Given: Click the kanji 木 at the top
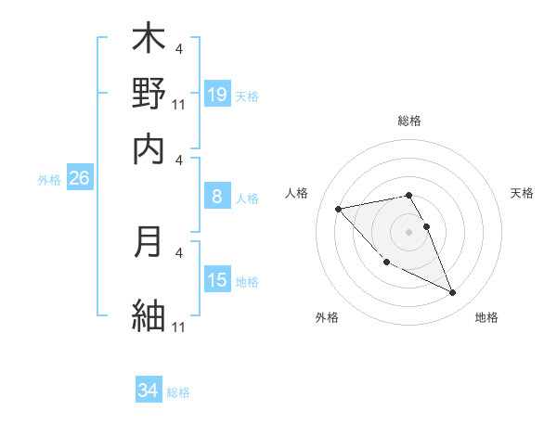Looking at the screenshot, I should (149, 40).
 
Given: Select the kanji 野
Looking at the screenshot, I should (149, 93).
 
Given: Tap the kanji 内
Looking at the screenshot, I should (149, 148).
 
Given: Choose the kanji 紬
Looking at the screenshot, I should (149, 314).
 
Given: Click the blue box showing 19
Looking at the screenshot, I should (217, 94).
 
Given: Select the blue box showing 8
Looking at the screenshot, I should (217, 197).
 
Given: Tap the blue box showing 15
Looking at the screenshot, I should (217, 280).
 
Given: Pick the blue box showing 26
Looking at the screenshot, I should (79, 179).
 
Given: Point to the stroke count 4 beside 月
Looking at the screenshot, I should (179, 250).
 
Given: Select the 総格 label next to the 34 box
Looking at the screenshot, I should (178, 392).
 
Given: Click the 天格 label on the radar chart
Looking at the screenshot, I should (523, 193).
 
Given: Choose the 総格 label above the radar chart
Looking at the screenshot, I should (409, 121).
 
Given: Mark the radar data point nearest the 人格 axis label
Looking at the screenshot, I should (338, 209).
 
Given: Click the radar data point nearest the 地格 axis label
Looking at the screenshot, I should (453, 293).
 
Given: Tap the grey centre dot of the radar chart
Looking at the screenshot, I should (409, 231).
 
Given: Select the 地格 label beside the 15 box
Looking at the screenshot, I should (247, 282).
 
